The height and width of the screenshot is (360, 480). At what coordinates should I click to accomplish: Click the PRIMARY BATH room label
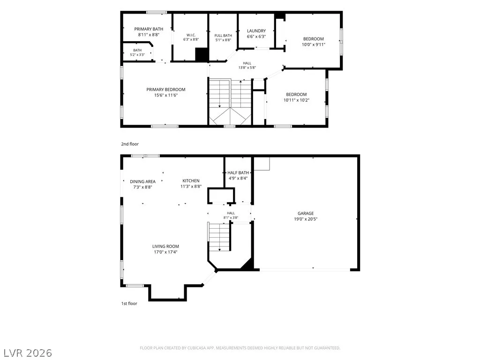click(149, 29)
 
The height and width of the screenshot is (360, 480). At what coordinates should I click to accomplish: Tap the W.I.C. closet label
click(191, 35)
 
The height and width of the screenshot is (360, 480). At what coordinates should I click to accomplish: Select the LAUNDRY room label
click(256, 31)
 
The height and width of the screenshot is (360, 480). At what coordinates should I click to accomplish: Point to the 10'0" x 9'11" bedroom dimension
click(314, 45)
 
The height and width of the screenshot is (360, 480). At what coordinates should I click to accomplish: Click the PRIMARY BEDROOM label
click(165, 90)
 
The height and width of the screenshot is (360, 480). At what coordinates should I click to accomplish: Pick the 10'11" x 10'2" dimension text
click(296, 100)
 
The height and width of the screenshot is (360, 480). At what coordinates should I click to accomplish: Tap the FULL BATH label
click(223, 36)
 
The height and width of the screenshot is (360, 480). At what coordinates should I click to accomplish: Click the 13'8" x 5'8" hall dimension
click(247, 67)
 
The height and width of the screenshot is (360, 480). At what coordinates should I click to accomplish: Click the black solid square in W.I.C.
click(202, 55)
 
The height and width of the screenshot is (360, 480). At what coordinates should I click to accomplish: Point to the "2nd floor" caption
click(130, 144)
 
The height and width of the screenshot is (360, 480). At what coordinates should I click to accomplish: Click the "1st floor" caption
click(129, 303)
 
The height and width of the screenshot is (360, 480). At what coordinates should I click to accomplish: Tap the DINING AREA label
click(142, 181)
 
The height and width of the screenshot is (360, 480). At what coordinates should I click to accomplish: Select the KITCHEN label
click(191, 181)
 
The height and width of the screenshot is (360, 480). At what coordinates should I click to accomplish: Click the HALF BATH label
click(238, 172)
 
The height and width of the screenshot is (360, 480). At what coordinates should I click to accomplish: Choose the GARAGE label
click(306, 213)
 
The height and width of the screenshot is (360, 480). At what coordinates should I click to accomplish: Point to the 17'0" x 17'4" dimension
click(165, 252)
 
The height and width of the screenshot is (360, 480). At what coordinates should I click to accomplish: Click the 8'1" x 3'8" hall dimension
click(231, 217)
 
